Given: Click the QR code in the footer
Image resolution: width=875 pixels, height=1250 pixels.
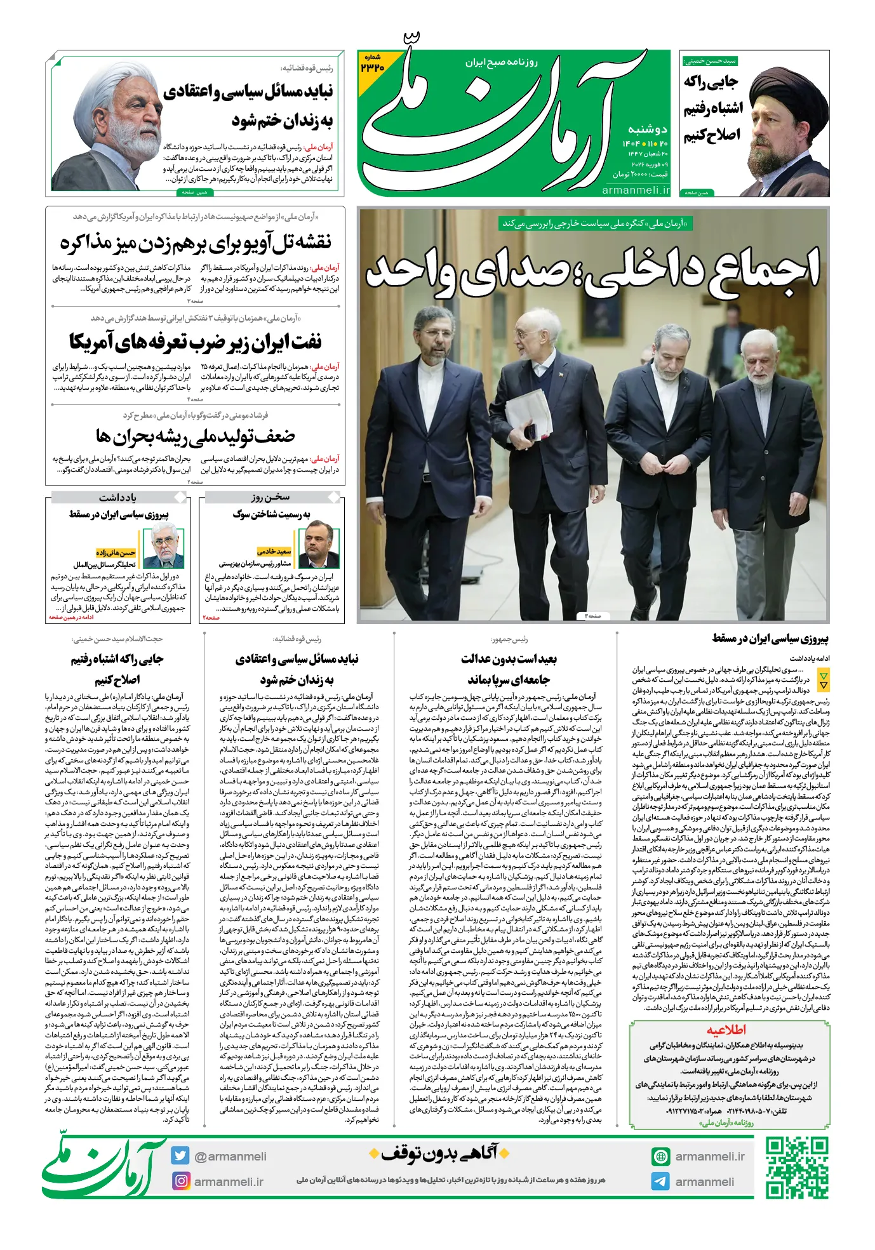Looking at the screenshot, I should (796, 1167).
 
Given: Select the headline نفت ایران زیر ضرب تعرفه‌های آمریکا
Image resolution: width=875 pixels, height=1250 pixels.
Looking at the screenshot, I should (196, 342).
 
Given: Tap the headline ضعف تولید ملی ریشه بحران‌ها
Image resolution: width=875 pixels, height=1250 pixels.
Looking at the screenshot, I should (196, 436).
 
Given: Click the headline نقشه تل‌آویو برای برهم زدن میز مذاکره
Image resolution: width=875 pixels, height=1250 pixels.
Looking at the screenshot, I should (196, 243).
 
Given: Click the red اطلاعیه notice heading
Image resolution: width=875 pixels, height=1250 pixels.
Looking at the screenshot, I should (726, 1029).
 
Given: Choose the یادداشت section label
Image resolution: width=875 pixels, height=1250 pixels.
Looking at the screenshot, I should (117, 497).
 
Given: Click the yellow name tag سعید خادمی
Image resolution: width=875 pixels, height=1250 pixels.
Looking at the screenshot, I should (274, 552).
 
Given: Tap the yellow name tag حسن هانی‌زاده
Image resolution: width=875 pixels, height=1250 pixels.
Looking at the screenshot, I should (116, 552).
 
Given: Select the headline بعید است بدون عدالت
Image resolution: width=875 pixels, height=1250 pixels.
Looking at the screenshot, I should (509, 659).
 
